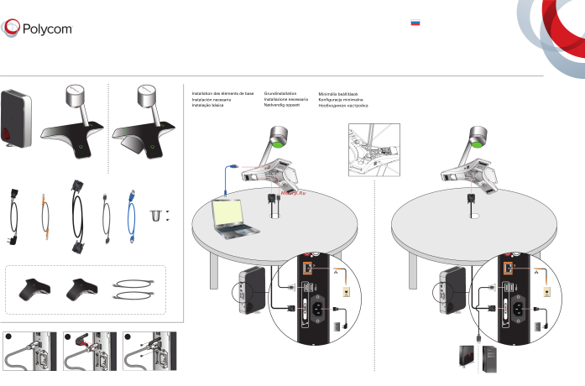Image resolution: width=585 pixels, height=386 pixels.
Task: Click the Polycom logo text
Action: tap(48, 28)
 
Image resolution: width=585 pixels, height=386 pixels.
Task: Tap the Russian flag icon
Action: tap(415, 23)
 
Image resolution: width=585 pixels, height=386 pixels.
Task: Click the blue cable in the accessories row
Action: tap(132, 216)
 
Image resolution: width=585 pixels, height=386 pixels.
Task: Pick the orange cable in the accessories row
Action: tap(46, 216)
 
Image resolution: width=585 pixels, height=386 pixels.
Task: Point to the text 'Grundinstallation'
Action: tap(282, 93)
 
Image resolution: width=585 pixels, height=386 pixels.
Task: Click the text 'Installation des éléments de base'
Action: tap(222, 93)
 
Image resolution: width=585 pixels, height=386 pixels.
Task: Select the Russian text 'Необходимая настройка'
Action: tap(343, 107)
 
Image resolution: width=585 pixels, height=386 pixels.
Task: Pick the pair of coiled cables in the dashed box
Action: tap(133, 289)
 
